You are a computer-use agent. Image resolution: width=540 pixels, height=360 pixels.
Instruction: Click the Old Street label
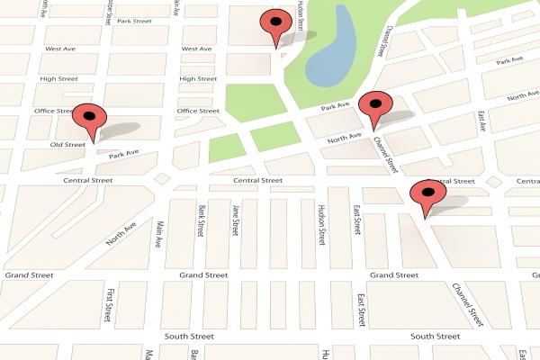67,144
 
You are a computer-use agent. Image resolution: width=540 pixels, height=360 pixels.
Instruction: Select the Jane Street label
236,221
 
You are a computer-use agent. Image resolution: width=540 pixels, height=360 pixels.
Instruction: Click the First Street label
110,306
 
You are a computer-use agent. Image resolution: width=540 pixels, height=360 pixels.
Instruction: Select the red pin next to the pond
274,27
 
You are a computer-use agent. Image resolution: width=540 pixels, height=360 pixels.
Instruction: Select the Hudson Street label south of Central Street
320,225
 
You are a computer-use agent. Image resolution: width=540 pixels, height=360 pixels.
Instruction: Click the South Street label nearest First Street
190,336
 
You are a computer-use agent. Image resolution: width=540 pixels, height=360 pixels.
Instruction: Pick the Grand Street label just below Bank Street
203,274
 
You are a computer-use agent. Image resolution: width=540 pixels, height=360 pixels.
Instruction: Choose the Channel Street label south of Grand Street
473,305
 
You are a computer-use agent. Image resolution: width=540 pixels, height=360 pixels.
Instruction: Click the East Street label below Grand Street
363,311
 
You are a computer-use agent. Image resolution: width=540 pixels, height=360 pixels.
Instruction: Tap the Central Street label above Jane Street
258,181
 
